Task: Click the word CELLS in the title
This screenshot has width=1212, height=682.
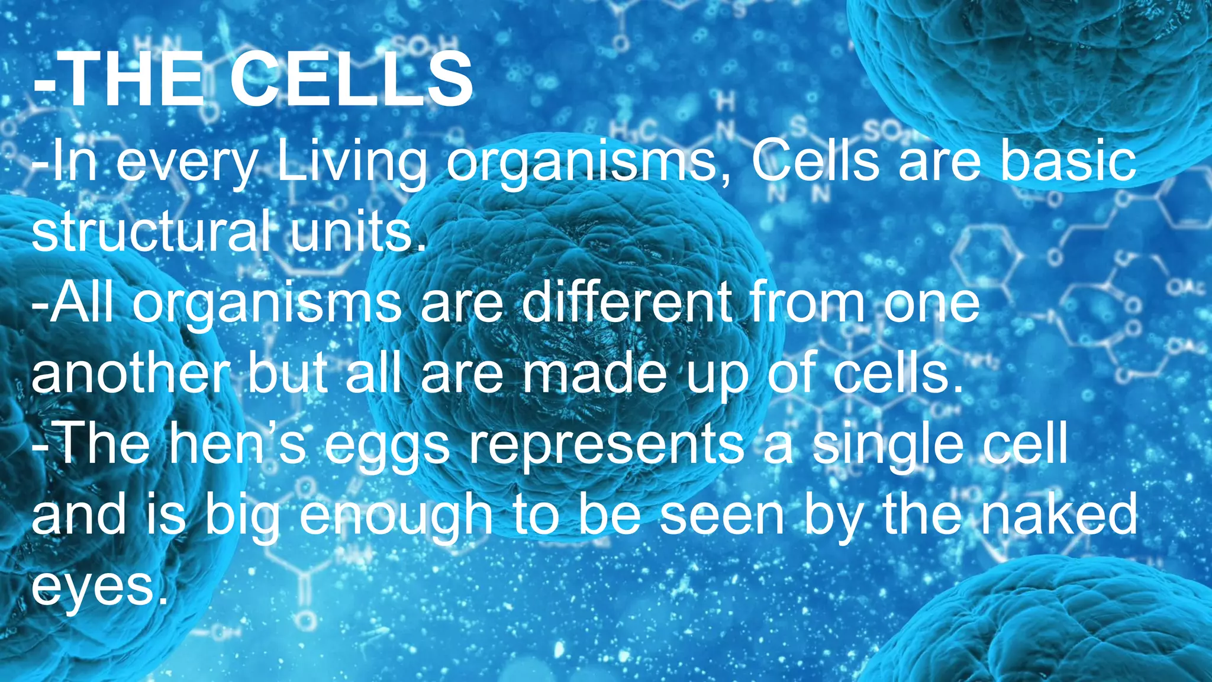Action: (x=352, y=80)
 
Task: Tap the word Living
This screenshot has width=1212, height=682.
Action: (x=352, y=163)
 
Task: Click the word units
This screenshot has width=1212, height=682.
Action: (x=357, y=233)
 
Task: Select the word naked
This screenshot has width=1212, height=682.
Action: (x=1059, y=514)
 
